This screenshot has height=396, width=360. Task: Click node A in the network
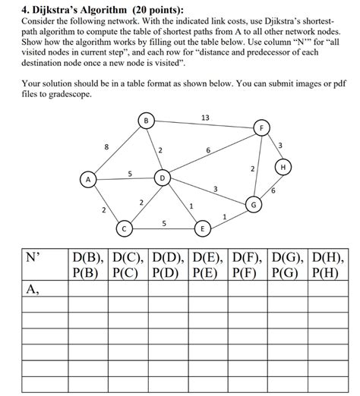[89, 180]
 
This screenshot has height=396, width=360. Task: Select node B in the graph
[146, 120]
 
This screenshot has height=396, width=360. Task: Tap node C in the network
[123, 227]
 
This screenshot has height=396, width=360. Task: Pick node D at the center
[162, 178]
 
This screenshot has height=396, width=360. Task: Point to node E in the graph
[202, 228]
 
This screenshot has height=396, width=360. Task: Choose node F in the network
[262, 128]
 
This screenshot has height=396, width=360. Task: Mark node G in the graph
[254, 205]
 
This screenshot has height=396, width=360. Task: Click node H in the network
[283, 166]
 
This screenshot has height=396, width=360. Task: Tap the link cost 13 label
[205, 117]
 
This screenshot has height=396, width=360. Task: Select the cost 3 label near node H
[280, 145]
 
